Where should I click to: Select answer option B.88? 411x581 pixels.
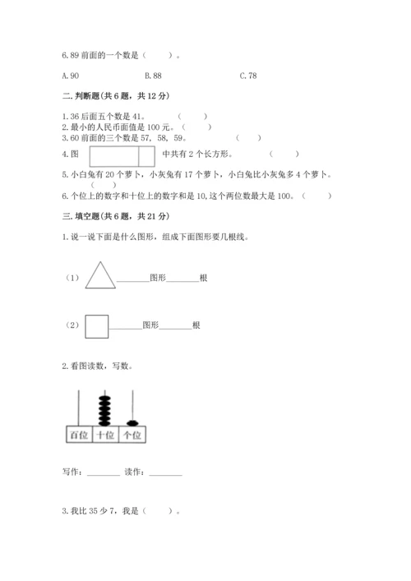(x=160, y=76)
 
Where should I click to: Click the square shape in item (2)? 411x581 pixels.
(x=98, y=325)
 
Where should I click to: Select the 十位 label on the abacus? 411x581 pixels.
(x=104, y=436)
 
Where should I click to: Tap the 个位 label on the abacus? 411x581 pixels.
(x=130, y=436)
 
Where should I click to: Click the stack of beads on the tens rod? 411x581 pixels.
(x=104, y=408)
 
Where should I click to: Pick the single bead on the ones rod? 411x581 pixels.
(x=130, y=422)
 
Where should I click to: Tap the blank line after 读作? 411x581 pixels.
(x=165, y=474)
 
